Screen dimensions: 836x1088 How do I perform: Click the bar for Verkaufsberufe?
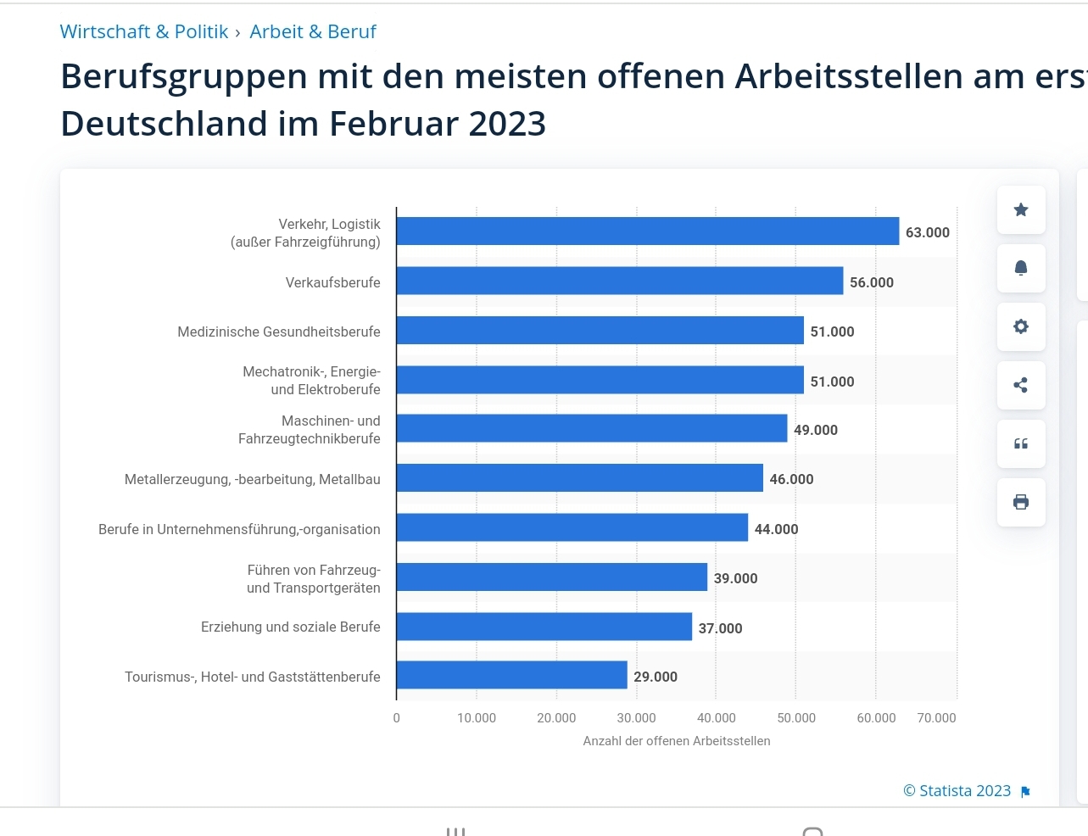coord(620,281)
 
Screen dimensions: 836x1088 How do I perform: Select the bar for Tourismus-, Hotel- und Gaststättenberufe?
coord(512,676)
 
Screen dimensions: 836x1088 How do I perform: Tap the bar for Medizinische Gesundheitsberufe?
coord(600,331)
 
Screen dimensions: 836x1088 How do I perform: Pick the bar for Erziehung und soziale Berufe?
coord(544,627)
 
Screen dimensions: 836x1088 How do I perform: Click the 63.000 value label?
coord(927,232)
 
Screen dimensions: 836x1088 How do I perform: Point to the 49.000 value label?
coord(815,430)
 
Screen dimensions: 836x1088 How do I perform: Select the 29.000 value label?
coord(656,677)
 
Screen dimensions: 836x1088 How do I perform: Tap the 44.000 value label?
coord(776,529)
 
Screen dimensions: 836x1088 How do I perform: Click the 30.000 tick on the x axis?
coord(636,718)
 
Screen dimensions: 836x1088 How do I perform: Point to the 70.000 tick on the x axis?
coord(936,718)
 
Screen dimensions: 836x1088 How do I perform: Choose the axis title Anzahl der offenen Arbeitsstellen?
coord(677,741)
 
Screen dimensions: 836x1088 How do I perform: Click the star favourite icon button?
coord(1021,209)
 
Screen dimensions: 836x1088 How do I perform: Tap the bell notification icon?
coord(1021,268)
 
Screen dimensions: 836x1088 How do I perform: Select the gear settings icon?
coord(1021,326)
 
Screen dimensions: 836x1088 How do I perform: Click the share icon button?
coord(1021,385)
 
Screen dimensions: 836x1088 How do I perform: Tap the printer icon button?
coord(1021,502)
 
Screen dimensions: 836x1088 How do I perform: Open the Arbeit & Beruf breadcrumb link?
coord(313,32)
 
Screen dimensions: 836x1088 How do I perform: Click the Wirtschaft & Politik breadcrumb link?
coord(144,32)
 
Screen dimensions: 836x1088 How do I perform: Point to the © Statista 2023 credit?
coord(957,791)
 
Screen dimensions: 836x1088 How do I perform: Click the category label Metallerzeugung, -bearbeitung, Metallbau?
coord(252,480)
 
